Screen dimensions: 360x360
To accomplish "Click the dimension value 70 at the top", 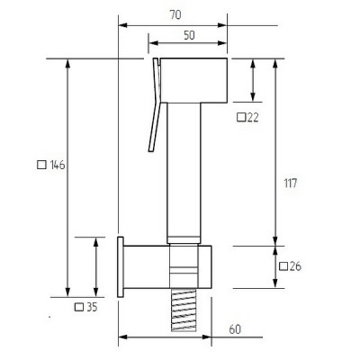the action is (x=175, y=15).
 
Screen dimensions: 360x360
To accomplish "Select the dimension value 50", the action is (x=189, y=35).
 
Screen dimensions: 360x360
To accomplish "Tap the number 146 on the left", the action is (x=58, y=165).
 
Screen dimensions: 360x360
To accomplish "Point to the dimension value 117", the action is (x=291, y=183).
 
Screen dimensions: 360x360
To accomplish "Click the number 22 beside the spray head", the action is (x=253, y=117).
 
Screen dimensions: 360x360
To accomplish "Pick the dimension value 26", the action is (x=295, y=266).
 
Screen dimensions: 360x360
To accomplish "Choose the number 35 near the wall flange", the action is (x=92, y=307).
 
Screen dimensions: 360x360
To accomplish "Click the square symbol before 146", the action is (x=41, y=165).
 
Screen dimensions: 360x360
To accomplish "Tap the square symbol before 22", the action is (x=241, y=117).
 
